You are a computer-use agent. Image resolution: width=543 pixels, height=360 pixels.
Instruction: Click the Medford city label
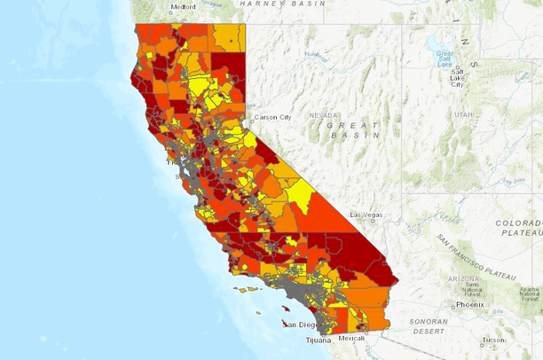[x=183, y=7]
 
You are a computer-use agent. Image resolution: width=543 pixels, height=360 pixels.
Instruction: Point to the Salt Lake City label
[x=456, y=76]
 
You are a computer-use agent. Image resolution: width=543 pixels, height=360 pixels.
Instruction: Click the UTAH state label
[x=463, y=114]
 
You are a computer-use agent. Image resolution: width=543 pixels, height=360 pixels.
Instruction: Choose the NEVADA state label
[x=322, y=114]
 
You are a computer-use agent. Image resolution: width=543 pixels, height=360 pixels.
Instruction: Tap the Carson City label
[x=272, y=117]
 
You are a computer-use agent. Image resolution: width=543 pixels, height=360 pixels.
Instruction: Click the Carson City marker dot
[x=251, y=120]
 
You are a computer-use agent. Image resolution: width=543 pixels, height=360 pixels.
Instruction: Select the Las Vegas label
[x=366, y=215]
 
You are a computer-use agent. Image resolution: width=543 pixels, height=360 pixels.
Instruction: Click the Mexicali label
[x=351, y=338]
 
